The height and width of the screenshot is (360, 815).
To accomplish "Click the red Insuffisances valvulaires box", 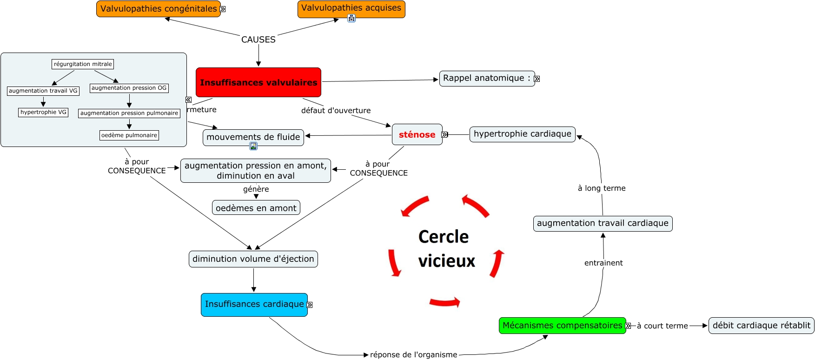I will tap(258, 82).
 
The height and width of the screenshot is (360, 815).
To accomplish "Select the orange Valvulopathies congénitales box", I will tap(159, 9).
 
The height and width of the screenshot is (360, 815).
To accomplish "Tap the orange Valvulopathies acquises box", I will tap(351, 8).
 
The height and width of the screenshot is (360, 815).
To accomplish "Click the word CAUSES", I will tap(258, 40).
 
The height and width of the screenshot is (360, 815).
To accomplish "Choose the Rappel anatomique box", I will tap(487, 79).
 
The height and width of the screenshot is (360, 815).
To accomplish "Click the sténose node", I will tap(417, 135).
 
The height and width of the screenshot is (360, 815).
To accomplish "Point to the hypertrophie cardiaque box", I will tap(523, 134).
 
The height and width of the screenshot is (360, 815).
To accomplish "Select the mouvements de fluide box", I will tap(253, 137).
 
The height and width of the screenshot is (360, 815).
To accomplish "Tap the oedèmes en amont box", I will tap(256, 208).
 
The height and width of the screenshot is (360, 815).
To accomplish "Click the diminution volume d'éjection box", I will tap(253, 259).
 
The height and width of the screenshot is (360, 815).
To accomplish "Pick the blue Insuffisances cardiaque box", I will tap(254, 304).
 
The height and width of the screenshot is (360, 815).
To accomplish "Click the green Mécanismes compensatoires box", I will tap(562, 326).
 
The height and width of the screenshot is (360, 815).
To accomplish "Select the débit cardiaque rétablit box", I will tap(761, 326).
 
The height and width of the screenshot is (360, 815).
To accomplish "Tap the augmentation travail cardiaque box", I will tap(603, 223).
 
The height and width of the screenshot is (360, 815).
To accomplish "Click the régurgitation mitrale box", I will tap(83, 64).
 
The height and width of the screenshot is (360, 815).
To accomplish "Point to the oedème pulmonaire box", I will tap(129, 135).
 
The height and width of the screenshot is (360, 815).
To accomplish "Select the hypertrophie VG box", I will tap(43, 112).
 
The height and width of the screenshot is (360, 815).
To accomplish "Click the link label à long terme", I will tap(602, 188).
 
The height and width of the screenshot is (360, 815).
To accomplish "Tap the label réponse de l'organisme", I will tap(413, 355).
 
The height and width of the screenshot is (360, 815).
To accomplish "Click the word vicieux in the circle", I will tap(447, 261).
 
